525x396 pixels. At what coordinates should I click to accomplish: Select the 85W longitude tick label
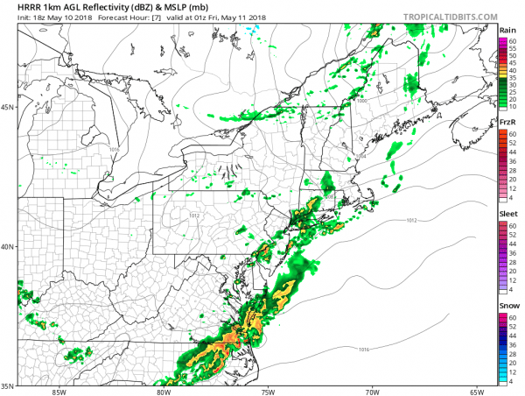59,391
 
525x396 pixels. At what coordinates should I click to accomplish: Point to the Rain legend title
507,30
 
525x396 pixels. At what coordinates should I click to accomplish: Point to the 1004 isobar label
361,156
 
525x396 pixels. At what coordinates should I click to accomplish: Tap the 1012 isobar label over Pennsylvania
196,215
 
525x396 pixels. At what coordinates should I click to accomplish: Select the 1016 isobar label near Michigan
114,150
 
